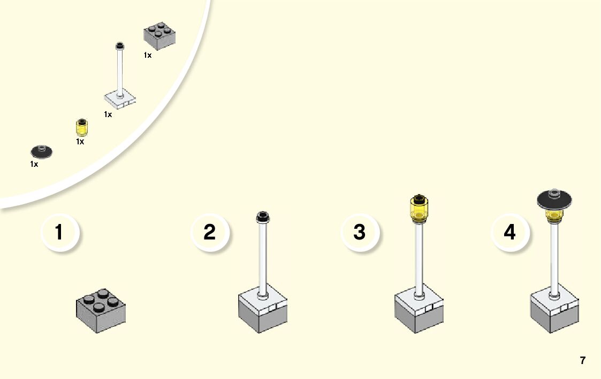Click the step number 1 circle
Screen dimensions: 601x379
click(x=60, y=233)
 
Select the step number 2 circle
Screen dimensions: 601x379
click(x=210, y=233)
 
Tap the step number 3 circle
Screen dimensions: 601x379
click(x=360, y=233)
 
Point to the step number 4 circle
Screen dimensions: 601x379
click(x=509, y=233)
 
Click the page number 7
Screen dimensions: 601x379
click(x=583, y=360)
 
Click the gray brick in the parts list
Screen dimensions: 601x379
click(x=159, y=36)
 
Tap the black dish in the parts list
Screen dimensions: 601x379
click(x=41, y=152)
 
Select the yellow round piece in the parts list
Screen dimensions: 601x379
click(x=81, y=128)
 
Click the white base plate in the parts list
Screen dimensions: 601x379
click(x=119, y=99)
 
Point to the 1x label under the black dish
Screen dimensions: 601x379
click(x=34, y=164)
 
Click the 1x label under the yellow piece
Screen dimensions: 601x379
click(x=80, y=142)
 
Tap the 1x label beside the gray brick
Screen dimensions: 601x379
click(x=148, y=55)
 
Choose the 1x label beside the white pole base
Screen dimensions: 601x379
click(x=108, y=114)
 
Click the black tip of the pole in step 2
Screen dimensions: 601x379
click(x=263, y=216)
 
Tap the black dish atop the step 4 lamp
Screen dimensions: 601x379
click(x=554, y=199)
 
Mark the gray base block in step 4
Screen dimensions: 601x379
click(x=554, y=315)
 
